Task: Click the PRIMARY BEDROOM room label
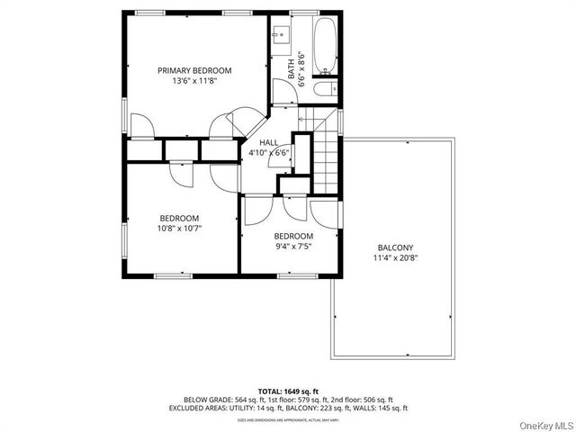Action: click(x=194, y=70)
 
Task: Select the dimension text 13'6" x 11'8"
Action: click(x=194, y=81)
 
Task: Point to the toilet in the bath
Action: click(x=326, y=89)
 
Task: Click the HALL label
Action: click(x=268, y=143)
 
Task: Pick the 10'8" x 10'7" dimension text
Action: click(x=180, y=229)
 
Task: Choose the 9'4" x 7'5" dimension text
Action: click(x=292, y=247)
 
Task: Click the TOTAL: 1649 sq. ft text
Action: click(x=288, y=390)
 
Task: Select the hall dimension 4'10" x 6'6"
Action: click(x=268, y=153)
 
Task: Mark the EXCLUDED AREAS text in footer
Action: click(x=200, y=408)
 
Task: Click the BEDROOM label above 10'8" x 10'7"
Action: click(x=180, y=218)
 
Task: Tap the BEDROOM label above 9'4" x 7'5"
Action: click(x=292, y=236)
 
